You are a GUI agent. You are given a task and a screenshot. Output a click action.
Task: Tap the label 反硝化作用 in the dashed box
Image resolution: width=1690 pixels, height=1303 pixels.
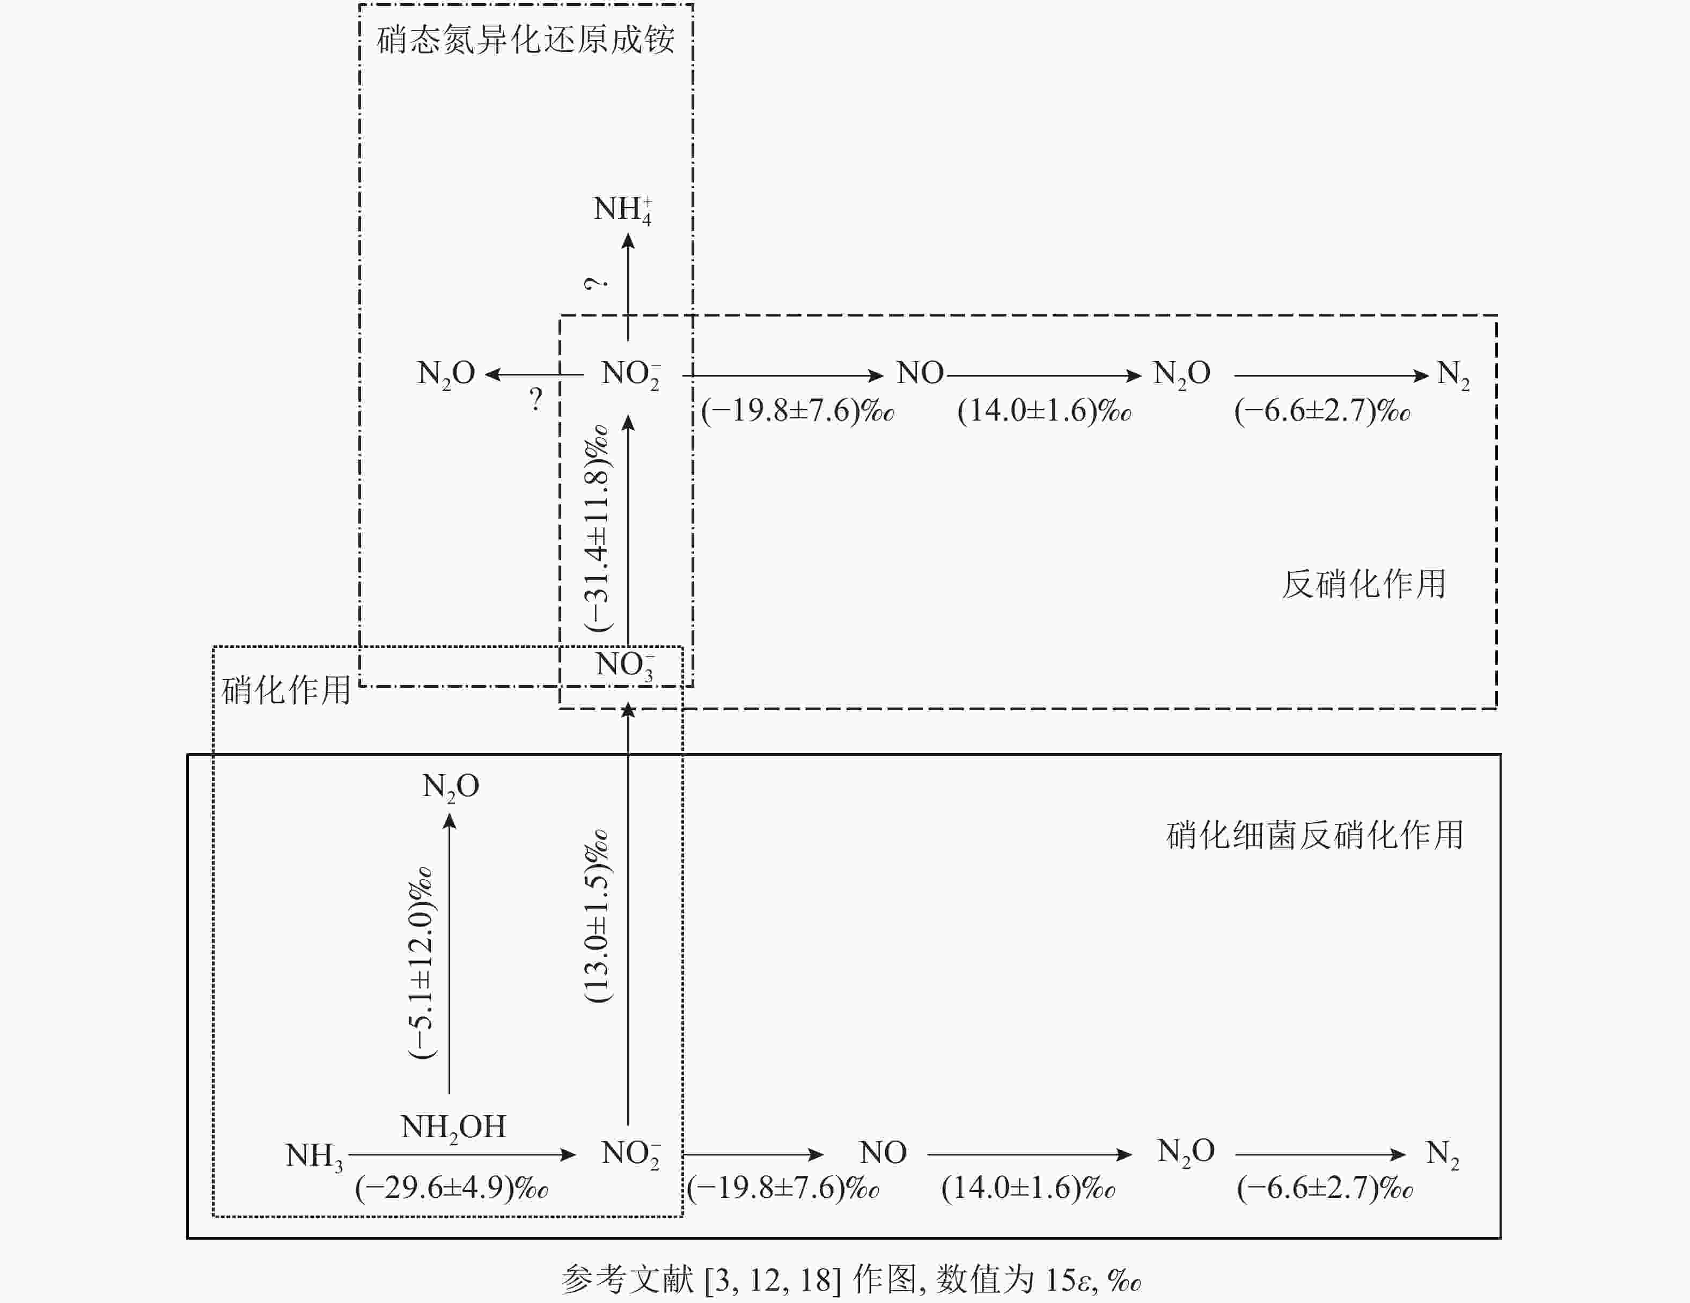click(x=1363, y=584)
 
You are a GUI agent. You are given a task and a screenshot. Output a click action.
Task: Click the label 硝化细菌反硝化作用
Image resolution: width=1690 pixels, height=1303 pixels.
click(x=1314, y=835)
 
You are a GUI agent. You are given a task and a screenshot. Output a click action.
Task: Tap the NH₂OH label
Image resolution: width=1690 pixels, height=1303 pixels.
click(x=453, y=1128)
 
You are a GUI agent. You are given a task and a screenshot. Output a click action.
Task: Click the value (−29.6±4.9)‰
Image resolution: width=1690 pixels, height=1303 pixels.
click(x=452, y=1188)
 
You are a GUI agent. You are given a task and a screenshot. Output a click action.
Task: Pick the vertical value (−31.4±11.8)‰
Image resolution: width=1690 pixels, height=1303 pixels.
click(x=597, y=528)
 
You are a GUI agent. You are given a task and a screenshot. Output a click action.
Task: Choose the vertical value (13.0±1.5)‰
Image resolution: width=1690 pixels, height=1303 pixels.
click(x=597, y=917)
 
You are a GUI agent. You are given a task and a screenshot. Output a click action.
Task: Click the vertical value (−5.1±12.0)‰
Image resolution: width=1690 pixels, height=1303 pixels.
click(x=421, y=962)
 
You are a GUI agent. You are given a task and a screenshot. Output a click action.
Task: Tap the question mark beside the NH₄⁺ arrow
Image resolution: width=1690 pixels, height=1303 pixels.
click(x=595, y=284)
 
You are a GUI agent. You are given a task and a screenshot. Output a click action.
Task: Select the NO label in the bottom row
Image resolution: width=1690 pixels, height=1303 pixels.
click(x=883, y=1153)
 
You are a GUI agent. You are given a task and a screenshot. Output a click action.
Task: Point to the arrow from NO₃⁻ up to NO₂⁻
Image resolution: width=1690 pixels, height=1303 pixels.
click(x=628, y=531)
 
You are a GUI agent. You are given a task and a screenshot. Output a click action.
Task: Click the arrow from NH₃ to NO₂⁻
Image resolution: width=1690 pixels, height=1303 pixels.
click(x=462, y=1154)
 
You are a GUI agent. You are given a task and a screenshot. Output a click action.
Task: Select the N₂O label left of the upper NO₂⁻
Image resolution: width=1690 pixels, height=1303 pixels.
click(x=446, y=374)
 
